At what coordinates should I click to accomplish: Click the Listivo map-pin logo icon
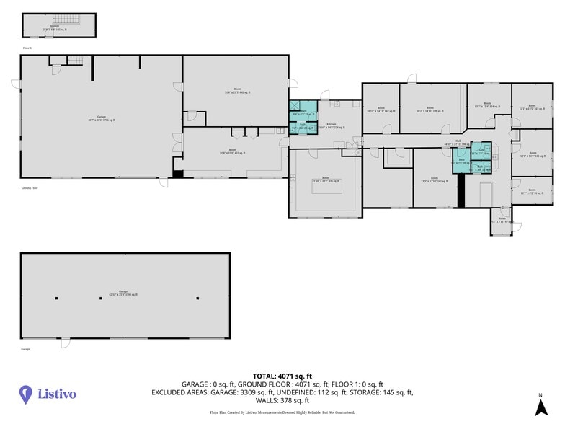[26, 394]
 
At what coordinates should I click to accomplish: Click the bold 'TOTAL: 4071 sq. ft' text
[282, 376]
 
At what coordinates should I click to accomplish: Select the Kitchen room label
[331, 125]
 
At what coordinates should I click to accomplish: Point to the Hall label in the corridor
[458, 143]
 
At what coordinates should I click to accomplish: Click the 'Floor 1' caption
[27, 48]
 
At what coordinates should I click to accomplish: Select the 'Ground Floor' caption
[30, 187]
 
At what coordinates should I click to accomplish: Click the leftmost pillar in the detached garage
[57, 298]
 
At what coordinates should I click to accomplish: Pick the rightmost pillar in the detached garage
[197, 298]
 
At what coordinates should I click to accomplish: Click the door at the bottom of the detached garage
[66, 343]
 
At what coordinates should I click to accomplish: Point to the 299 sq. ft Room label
[430, 110]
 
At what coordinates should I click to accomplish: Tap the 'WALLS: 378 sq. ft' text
[282, 400]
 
